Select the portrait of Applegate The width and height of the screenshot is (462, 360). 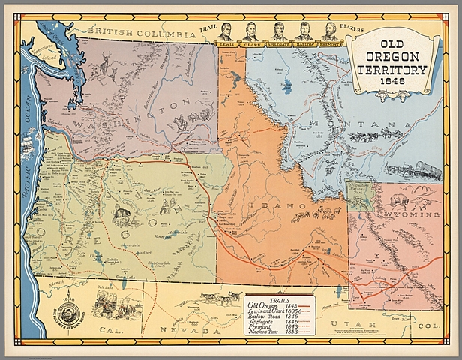tap(278, 31)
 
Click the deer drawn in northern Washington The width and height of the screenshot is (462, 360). tap(104, 66)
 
